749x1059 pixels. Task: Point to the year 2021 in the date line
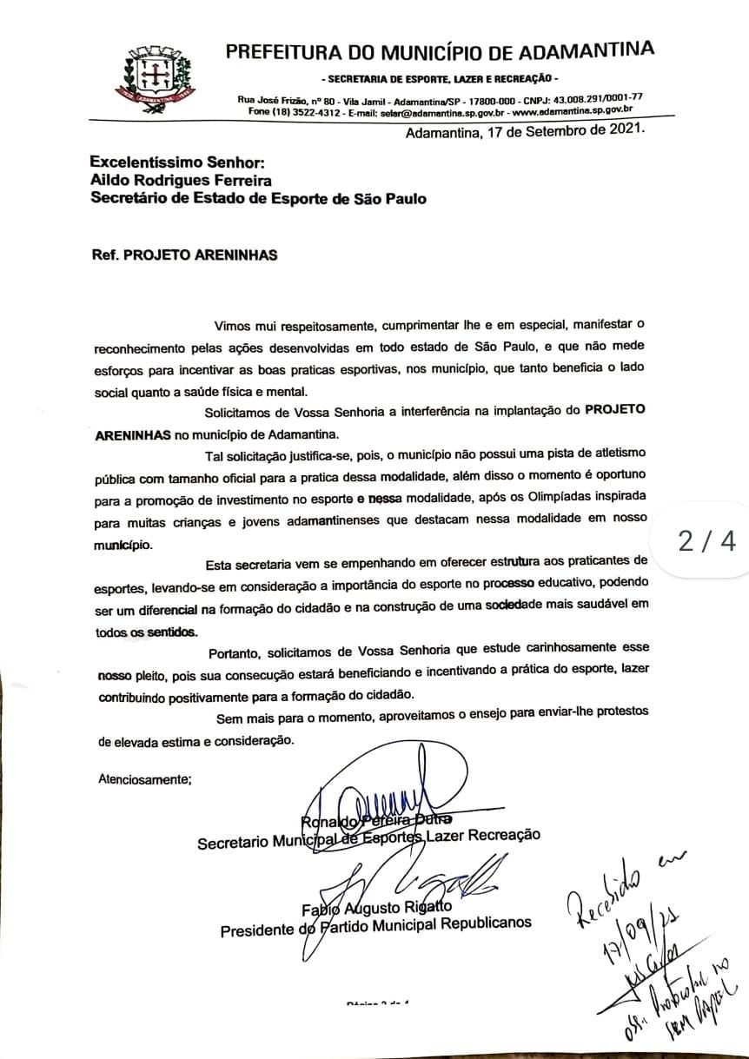tap(624, 132)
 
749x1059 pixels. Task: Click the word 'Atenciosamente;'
tap(144, 778)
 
